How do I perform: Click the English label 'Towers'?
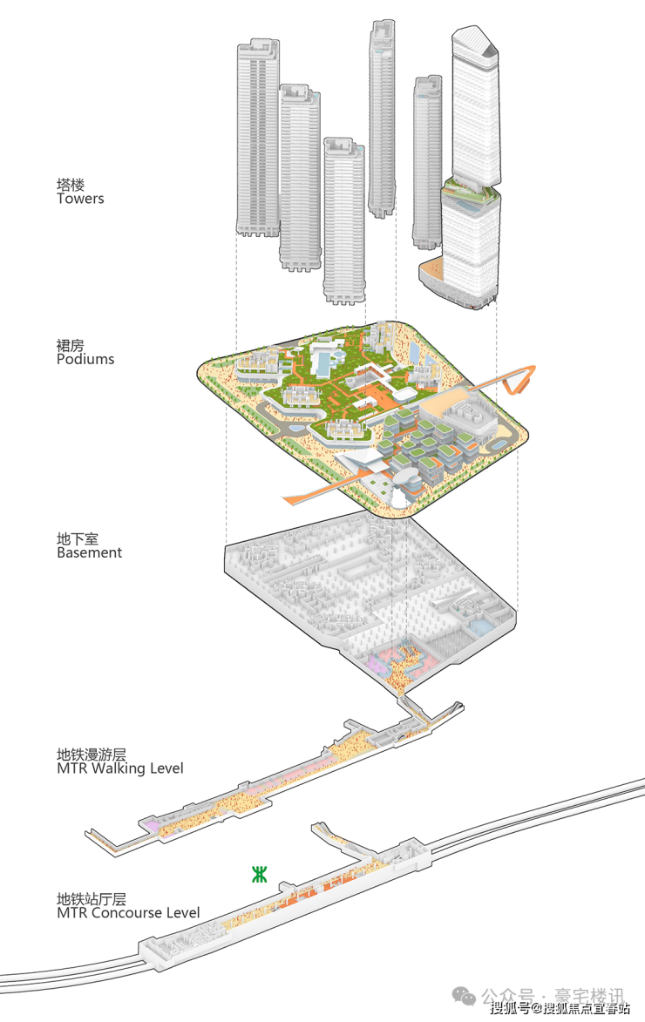coord(80,199)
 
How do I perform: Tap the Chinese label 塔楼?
coord(71,185)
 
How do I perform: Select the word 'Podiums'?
coord(85,359)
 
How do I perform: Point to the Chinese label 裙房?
coord(71,345)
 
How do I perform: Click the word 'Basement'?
coord(90,552)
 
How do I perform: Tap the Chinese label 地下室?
coord(78,538)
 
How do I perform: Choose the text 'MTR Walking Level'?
coord(120,768)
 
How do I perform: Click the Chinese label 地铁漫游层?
coord(92,755)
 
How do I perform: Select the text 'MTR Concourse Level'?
coord(128,913)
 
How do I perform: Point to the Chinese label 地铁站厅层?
coord(92,899)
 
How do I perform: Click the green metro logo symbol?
coord(260,874)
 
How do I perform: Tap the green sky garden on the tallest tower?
coord(471,191)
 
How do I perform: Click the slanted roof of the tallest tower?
coord(475,40)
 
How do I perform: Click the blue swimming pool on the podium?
coord(321,360)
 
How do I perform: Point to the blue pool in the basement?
coord(479,627)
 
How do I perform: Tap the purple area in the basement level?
coord(377,664)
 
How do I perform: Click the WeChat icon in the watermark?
coord(465,997)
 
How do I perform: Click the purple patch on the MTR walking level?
coord(152,825)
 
